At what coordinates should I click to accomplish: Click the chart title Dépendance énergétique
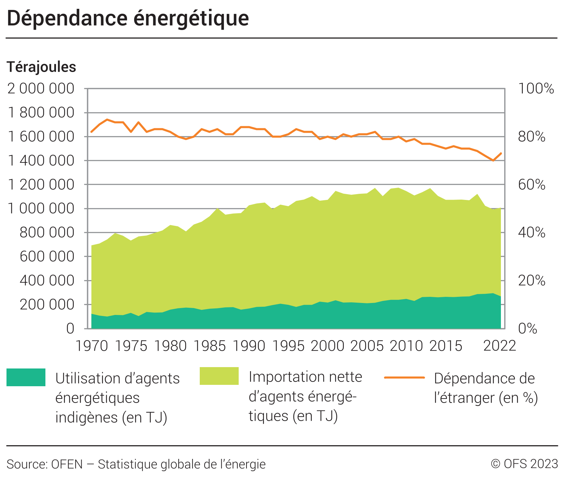tap(128, 18)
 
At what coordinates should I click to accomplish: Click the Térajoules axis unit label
tap(41, 67)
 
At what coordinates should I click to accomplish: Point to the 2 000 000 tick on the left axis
tap(41, 89)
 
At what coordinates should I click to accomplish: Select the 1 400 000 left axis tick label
tap(41, 161)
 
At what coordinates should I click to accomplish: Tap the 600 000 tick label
tap(47, 257)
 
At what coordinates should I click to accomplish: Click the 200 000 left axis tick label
tap(47, 305)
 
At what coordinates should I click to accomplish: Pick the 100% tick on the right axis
tap(536, 89)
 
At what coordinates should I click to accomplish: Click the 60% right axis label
tap(532, 185)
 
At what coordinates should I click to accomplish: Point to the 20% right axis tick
tap(532, 281)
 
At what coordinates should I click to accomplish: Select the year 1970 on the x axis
tap(92, 346)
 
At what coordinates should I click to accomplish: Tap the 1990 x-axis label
tap(249, 346)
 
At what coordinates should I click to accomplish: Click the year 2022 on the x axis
tap(500, 346)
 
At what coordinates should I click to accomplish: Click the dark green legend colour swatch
tap(26, 377)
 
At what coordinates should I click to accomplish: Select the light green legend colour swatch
tap(219, 376)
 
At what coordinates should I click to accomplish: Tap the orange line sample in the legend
tap(404, 378)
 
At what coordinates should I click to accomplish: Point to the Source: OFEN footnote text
tap(136, 464)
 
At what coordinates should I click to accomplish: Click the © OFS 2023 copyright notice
tap(524, 464)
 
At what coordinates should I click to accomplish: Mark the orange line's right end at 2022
tap(501, 153)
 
